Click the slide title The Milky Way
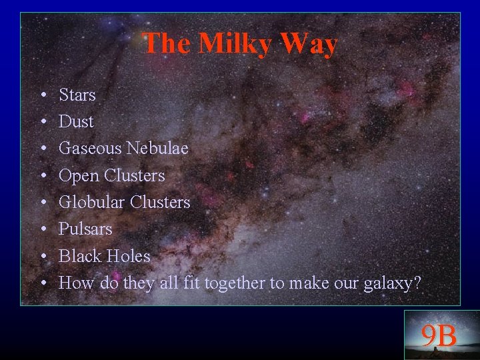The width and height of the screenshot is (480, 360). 240,44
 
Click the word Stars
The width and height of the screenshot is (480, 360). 77,95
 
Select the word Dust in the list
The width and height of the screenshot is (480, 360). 76,122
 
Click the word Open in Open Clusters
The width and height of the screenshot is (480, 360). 79,175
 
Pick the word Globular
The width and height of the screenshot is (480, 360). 91,202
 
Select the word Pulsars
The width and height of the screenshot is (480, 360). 85,229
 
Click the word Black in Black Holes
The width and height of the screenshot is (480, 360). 80,256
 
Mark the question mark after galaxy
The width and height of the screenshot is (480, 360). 417,283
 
